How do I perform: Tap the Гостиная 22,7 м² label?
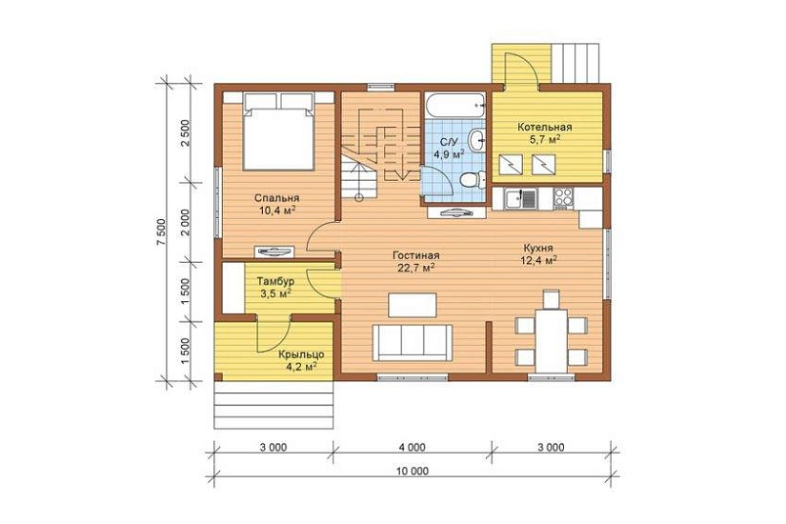416,261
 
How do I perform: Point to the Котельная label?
545,128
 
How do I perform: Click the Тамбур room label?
275,281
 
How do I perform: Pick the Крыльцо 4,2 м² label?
301,360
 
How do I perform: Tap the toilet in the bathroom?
473,179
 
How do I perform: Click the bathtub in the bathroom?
454,106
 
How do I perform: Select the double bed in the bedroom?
279,131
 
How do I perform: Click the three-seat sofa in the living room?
412,342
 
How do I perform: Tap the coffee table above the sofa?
412,306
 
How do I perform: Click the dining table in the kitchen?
552,341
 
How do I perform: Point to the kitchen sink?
522,198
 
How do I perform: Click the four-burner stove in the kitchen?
563,198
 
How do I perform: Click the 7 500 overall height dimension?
160,232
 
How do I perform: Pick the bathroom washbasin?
477,138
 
